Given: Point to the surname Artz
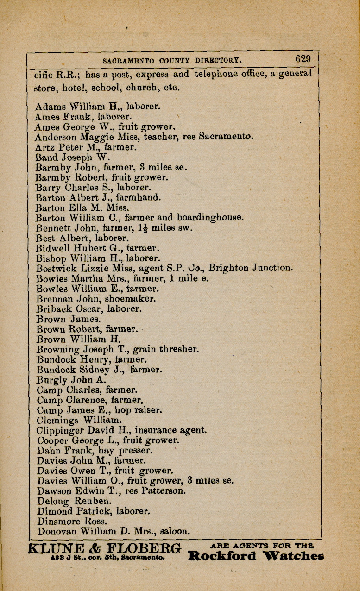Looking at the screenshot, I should click(x=45, y=148).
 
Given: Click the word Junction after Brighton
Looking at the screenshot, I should click(x=272, y=268).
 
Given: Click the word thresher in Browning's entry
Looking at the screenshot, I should click(x=179, y=349).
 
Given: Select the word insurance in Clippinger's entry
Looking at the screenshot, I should click(x=156, y=430).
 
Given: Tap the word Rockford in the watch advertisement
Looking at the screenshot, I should click(x=222, y=556).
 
